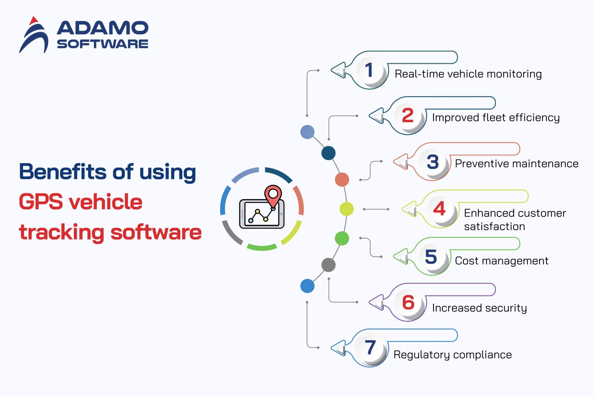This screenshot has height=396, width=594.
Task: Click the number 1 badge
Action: (x=369, y=70)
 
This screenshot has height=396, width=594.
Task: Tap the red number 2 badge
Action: (x=408, y=116)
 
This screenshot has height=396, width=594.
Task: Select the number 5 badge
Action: (x=431, y=257)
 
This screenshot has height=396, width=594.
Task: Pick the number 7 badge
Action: (x=370, y=347)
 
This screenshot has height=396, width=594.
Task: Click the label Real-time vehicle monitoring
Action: (x=468, y=74)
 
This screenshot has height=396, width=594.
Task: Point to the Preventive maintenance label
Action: (x=516, y=164)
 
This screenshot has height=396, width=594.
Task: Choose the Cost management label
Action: (x=501, y=261)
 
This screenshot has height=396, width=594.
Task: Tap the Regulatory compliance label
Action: (x=452, y=355)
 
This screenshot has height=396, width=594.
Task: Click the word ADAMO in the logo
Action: (x=102, y=28)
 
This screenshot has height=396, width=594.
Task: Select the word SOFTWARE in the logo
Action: (x=102, y=44)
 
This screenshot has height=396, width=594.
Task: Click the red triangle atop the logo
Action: (x=34, y=20)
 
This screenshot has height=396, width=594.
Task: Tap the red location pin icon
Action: (x=273, y=195)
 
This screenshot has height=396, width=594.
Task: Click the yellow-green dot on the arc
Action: (x=346, y=209)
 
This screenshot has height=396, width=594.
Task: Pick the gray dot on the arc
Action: (x=328, y=265)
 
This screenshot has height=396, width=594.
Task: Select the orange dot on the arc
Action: (x=342, y=179)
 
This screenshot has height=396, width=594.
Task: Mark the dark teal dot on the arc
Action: (x=328, y=153)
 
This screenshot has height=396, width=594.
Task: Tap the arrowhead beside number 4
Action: (x=409, y=209)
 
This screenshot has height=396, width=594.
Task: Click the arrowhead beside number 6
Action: (x=376, y=302)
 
